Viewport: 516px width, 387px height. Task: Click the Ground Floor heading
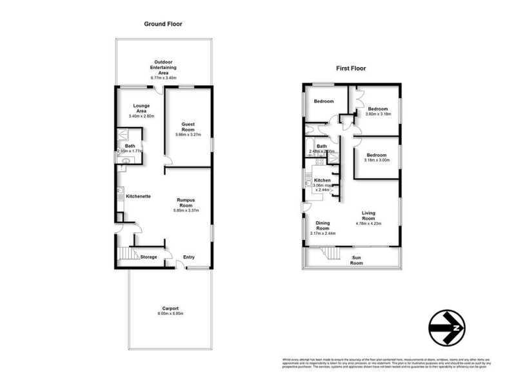click(163, 24)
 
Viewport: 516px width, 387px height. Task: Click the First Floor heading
click(351, 68)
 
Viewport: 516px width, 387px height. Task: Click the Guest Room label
click(188, 126)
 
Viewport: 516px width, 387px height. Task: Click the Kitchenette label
click(138, 195)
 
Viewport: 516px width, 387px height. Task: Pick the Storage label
click(149, 257)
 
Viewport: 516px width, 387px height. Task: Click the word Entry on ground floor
click(189, 257)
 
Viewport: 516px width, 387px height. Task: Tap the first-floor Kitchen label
click(322, 180)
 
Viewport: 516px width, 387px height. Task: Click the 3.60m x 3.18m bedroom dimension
click(378, 114)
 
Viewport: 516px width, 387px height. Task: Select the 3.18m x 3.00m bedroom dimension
click(376, 161)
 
